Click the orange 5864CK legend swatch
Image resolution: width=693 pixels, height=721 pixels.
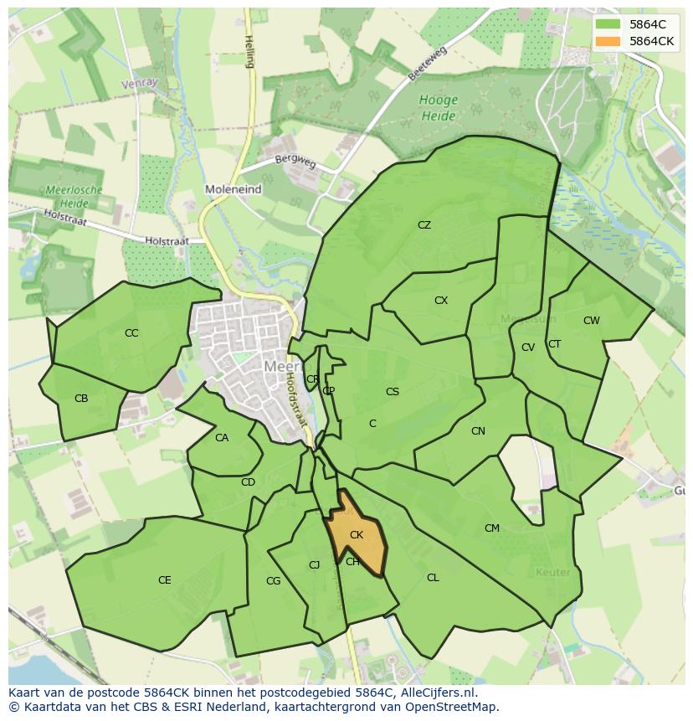coord(608,40)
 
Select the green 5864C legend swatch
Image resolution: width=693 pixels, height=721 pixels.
coord(608,23)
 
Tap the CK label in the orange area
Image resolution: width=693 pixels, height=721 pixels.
coord(357,535)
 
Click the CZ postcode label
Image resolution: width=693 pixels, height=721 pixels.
coord(424,225)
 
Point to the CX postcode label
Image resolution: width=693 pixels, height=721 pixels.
coord(441,301)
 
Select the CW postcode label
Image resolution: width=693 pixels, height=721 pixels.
coord(592,321)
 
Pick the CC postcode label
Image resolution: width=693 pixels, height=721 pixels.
coord(131,333)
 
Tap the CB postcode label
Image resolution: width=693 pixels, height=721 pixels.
coord(81,399)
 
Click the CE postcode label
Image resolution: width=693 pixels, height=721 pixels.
coord(165,580)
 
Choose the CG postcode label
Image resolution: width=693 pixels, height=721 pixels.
coord(273,581)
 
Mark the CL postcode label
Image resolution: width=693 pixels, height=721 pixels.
coord(433,578)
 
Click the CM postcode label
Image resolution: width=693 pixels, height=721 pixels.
coord(492,528)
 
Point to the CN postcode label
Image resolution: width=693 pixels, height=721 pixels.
coord(478,431)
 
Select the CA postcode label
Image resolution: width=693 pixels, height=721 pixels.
coord(222,438)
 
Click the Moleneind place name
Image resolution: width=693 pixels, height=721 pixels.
coord(234,190)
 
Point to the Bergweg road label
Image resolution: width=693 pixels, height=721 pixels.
coord(296,160)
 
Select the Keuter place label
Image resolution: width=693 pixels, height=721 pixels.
coord(552,573)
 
